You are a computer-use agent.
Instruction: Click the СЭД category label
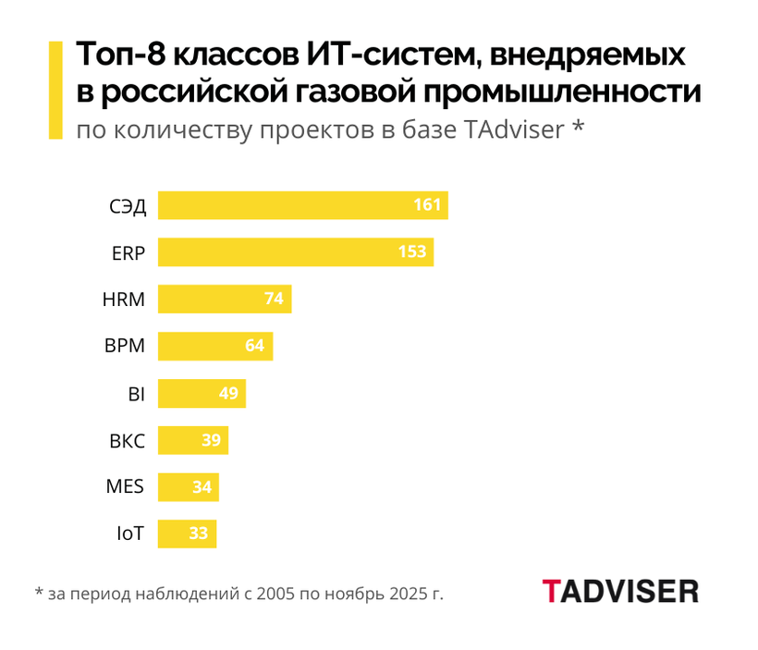(128, 205)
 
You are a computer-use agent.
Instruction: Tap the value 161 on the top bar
(427, 205)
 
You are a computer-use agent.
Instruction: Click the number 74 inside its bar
(274, 300)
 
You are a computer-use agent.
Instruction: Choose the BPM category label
(125, 347)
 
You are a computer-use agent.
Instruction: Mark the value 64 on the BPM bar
(255, 347)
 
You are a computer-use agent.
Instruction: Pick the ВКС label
(127, 440)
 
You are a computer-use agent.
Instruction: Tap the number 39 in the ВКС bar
(211, 440)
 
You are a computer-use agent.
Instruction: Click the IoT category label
(129, 534)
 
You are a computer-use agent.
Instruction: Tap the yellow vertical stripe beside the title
(55, 90)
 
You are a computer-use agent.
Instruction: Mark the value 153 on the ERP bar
(412, 252)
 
